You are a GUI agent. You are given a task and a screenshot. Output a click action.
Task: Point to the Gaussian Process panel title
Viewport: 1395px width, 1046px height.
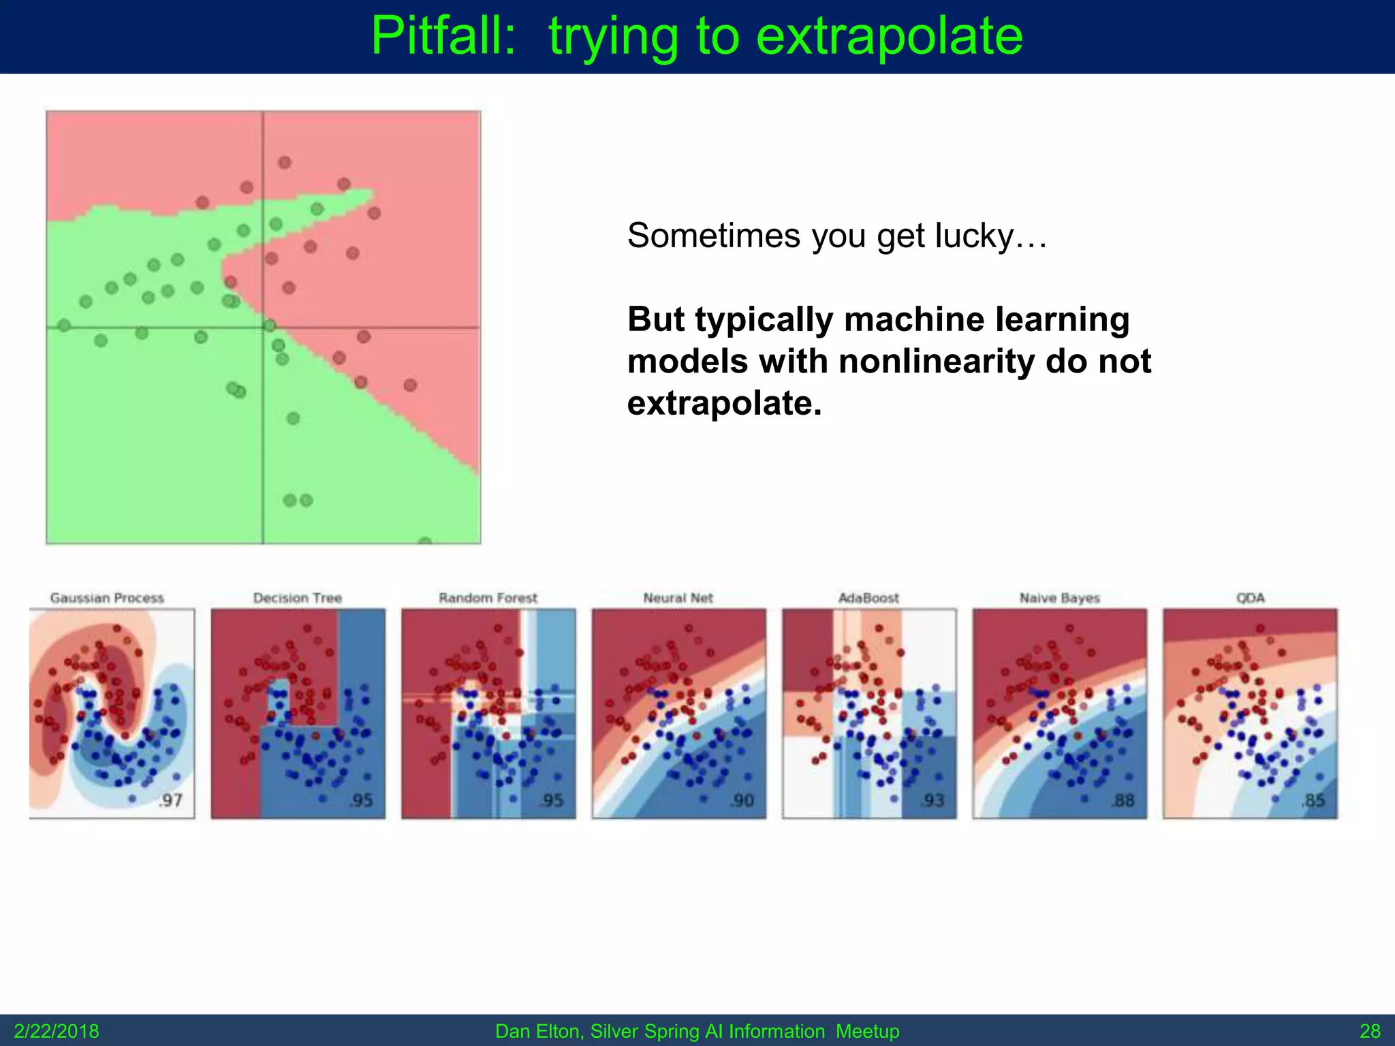tap(107, 598)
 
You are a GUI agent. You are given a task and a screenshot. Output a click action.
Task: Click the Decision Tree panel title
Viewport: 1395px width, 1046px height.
tap(298, 598)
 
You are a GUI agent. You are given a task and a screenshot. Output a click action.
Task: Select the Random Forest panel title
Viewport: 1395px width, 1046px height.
tap(488, 598)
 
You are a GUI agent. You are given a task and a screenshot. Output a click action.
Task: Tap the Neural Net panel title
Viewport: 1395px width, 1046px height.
tap(678, 598)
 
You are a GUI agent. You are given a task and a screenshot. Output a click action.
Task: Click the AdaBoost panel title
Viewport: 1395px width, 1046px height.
tap(868, 598)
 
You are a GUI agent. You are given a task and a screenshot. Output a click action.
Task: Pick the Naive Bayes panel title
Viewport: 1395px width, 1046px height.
tap(1059, 598)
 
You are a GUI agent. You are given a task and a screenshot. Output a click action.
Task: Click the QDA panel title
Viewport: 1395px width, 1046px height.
tap(1250, 598)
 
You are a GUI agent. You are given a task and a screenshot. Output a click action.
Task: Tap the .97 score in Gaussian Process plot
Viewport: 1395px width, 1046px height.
tap(170, 800)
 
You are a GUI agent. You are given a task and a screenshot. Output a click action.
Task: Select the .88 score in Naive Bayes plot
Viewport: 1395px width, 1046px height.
tap(1123, 800)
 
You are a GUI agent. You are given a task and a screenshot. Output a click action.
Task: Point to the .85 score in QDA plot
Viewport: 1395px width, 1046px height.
tap(1313, 800)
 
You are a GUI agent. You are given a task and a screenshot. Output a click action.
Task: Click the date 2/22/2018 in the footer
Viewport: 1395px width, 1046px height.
tap(57, 1031)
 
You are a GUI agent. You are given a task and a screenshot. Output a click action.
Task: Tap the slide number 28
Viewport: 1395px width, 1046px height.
tap(1370, 1031)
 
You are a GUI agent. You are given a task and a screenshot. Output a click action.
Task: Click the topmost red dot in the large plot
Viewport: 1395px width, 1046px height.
tap(285, 162)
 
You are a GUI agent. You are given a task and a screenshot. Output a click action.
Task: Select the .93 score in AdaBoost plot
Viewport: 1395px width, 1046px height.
tap(932, 800)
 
